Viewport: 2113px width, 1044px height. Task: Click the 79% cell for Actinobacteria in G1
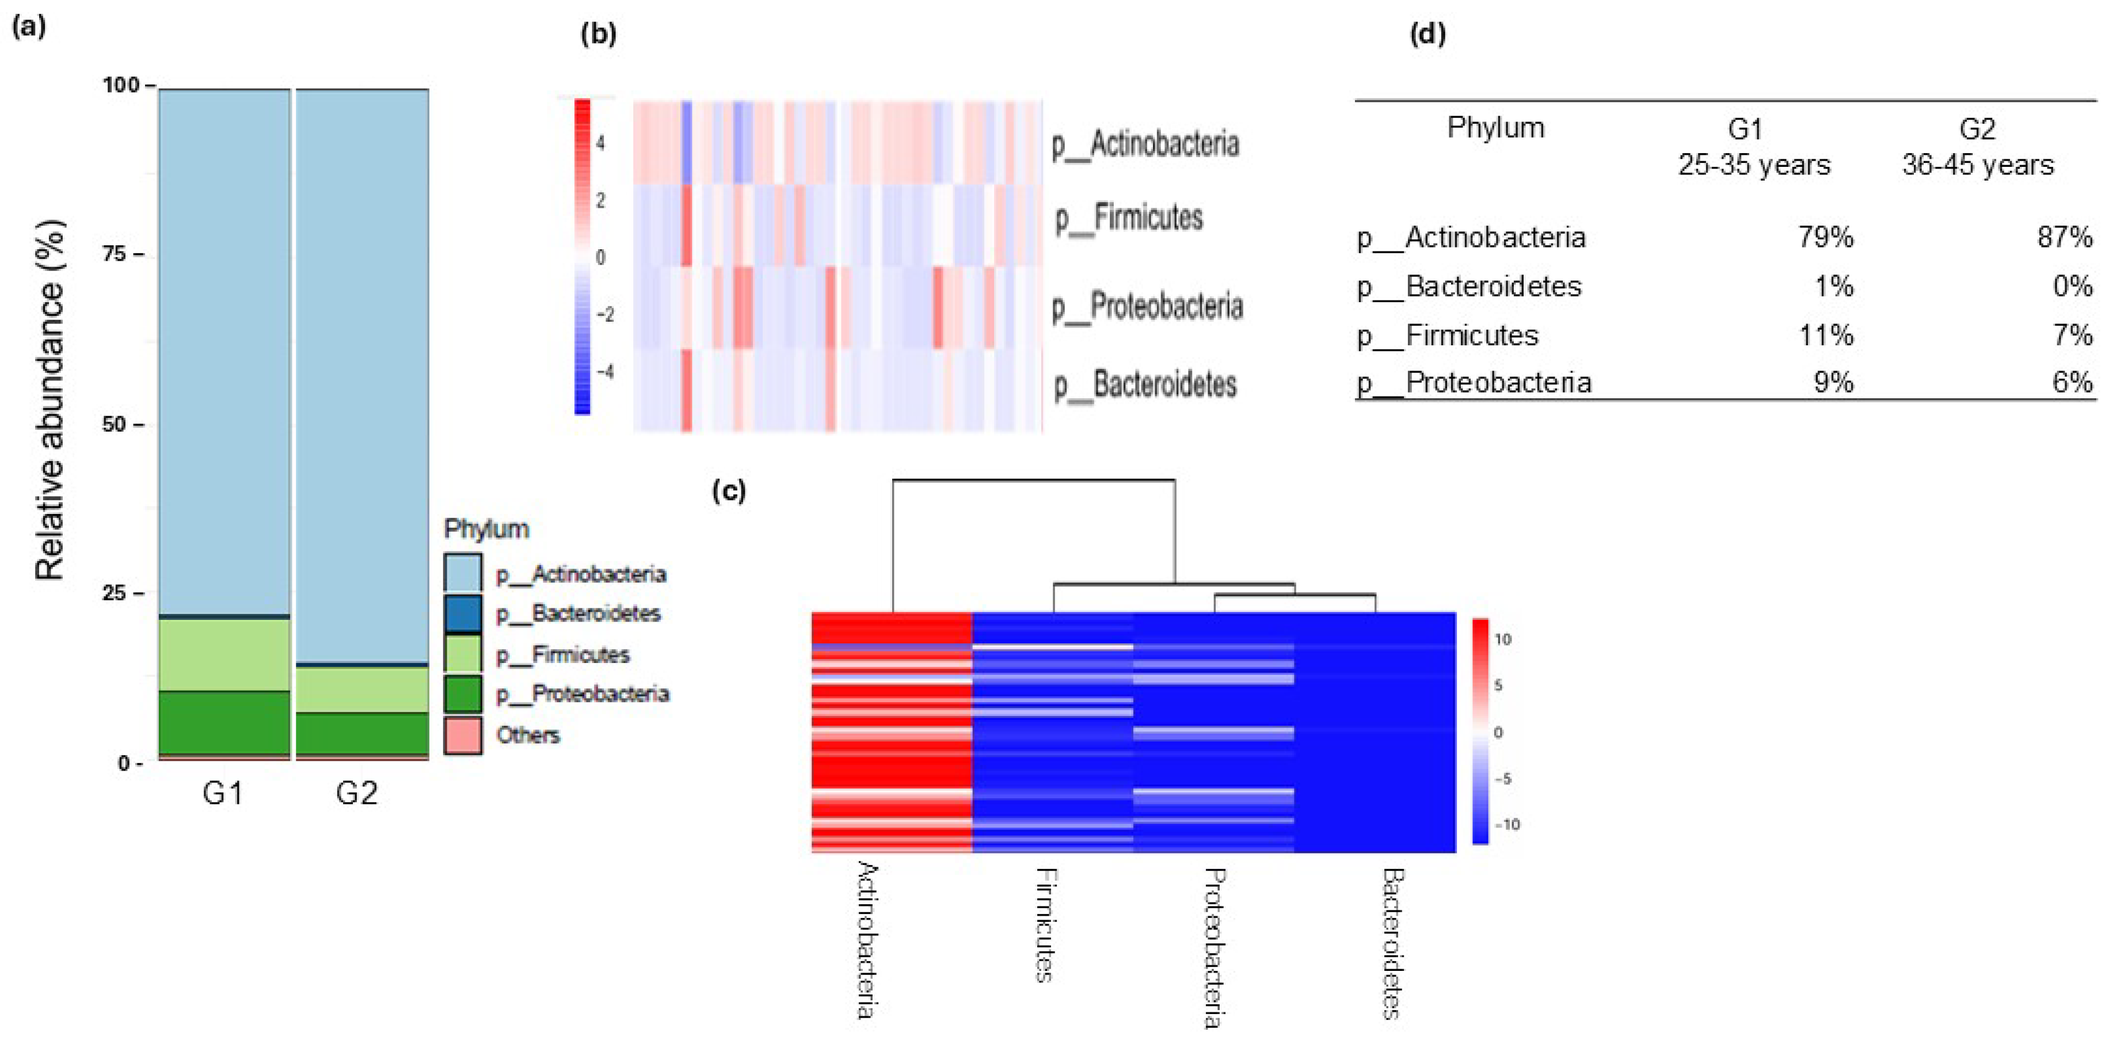[x=1825, y=238]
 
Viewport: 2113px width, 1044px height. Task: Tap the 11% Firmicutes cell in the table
[x=1825, y=336]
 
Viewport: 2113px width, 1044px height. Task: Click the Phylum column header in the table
[x=1495, y=128]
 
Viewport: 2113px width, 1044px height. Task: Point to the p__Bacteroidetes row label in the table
[x=1468, y=286]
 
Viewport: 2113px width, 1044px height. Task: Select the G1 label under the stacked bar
[x=222, y=793]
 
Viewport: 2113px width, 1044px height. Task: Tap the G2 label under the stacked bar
[x=357, y=793]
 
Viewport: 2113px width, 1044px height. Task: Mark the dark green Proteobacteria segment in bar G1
[x=224, y=722]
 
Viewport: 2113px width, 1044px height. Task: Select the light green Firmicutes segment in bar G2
[x=361, y=689]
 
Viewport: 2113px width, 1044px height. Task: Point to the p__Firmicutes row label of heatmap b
[x=1129, y=218]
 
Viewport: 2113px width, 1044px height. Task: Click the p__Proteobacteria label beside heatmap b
[x=1148, y=307]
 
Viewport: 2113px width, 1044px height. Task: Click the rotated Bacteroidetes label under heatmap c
[x=1392, y=943]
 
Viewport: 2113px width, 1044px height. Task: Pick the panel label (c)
[x=728, y=490]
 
